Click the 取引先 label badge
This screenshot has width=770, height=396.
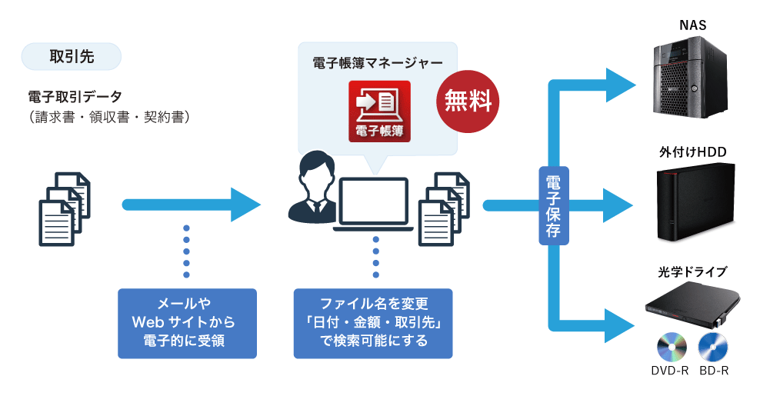click(x=72, y=56)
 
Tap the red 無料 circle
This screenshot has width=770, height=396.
click(x=468, y=100)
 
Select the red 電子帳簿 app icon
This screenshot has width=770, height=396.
click(x=380, y=111)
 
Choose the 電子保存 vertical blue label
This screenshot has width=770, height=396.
click(x=553, y=205)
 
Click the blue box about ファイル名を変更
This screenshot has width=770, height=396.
click(x=373, y=322)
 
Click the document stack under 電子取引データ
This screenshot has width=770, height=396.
click(x=65, y=208)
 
